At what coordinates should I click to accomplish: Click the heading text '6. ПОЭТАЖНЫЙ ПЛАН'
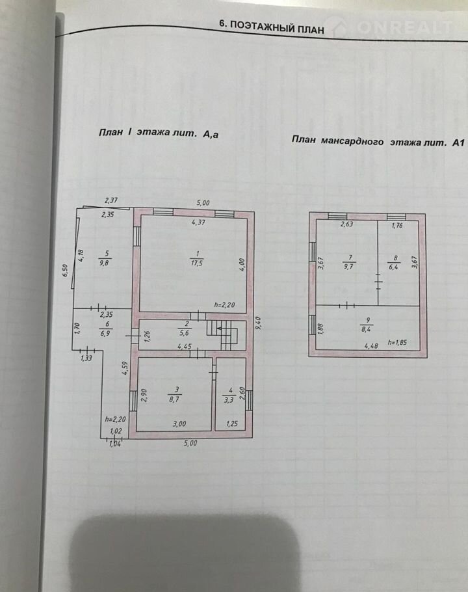pos(271,27)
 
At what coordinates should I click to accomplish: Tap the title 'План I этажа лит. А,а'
pos(159,133)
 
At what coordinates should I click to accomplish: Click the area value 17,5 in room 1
pos(196,263)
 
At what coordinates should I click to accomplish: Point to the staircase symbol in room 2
pos(223,333)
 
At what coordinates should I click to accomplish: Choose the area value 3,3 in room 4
pos(229,400)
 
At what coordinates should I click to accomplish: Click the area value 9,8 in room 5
pos(104,263)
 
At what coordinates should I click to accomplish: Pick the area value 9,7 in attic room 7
pos(349,267)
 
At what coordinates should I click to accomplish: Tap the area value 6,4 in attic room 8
pos(394,267)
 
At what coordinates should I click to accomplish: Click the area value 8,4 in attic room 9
pos(367,329)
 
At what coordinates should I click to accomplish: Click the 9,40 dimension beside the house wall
pos(258,323)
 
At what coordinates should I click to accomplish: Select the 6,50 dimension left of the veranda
pos(65,271)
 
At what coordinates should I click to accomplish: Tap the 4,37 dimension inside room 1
pos(198,222)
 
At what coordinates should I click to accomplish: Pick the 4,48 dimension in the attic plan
pos(371,345)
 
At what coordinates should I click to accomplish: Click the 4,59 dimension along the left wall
pos(125,368)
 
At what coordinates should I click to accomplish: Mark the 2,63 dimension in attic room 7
pos(346,224)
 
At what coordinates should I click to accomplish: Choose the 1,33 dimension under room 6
pos(86,358)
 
